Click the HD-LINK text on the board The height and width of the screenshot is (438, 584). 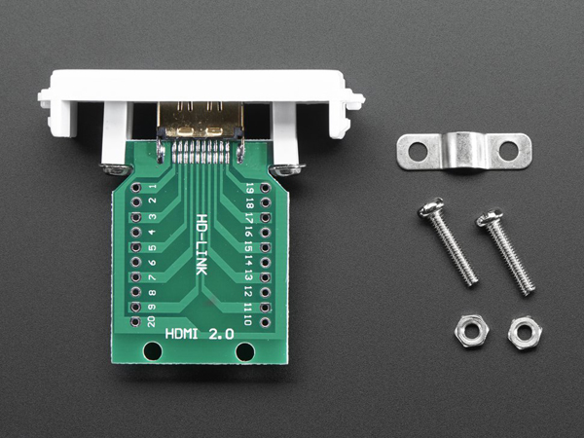201,243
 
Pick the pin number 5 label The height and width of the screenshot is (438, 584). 152,247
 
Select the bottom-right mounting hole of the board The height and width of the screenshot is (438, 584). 244,351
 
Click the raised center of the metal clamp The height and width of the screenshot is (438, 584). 464,146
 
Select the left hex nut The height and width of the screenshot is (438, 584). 467,332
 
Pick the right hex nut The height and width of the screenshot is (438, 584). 525,334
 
